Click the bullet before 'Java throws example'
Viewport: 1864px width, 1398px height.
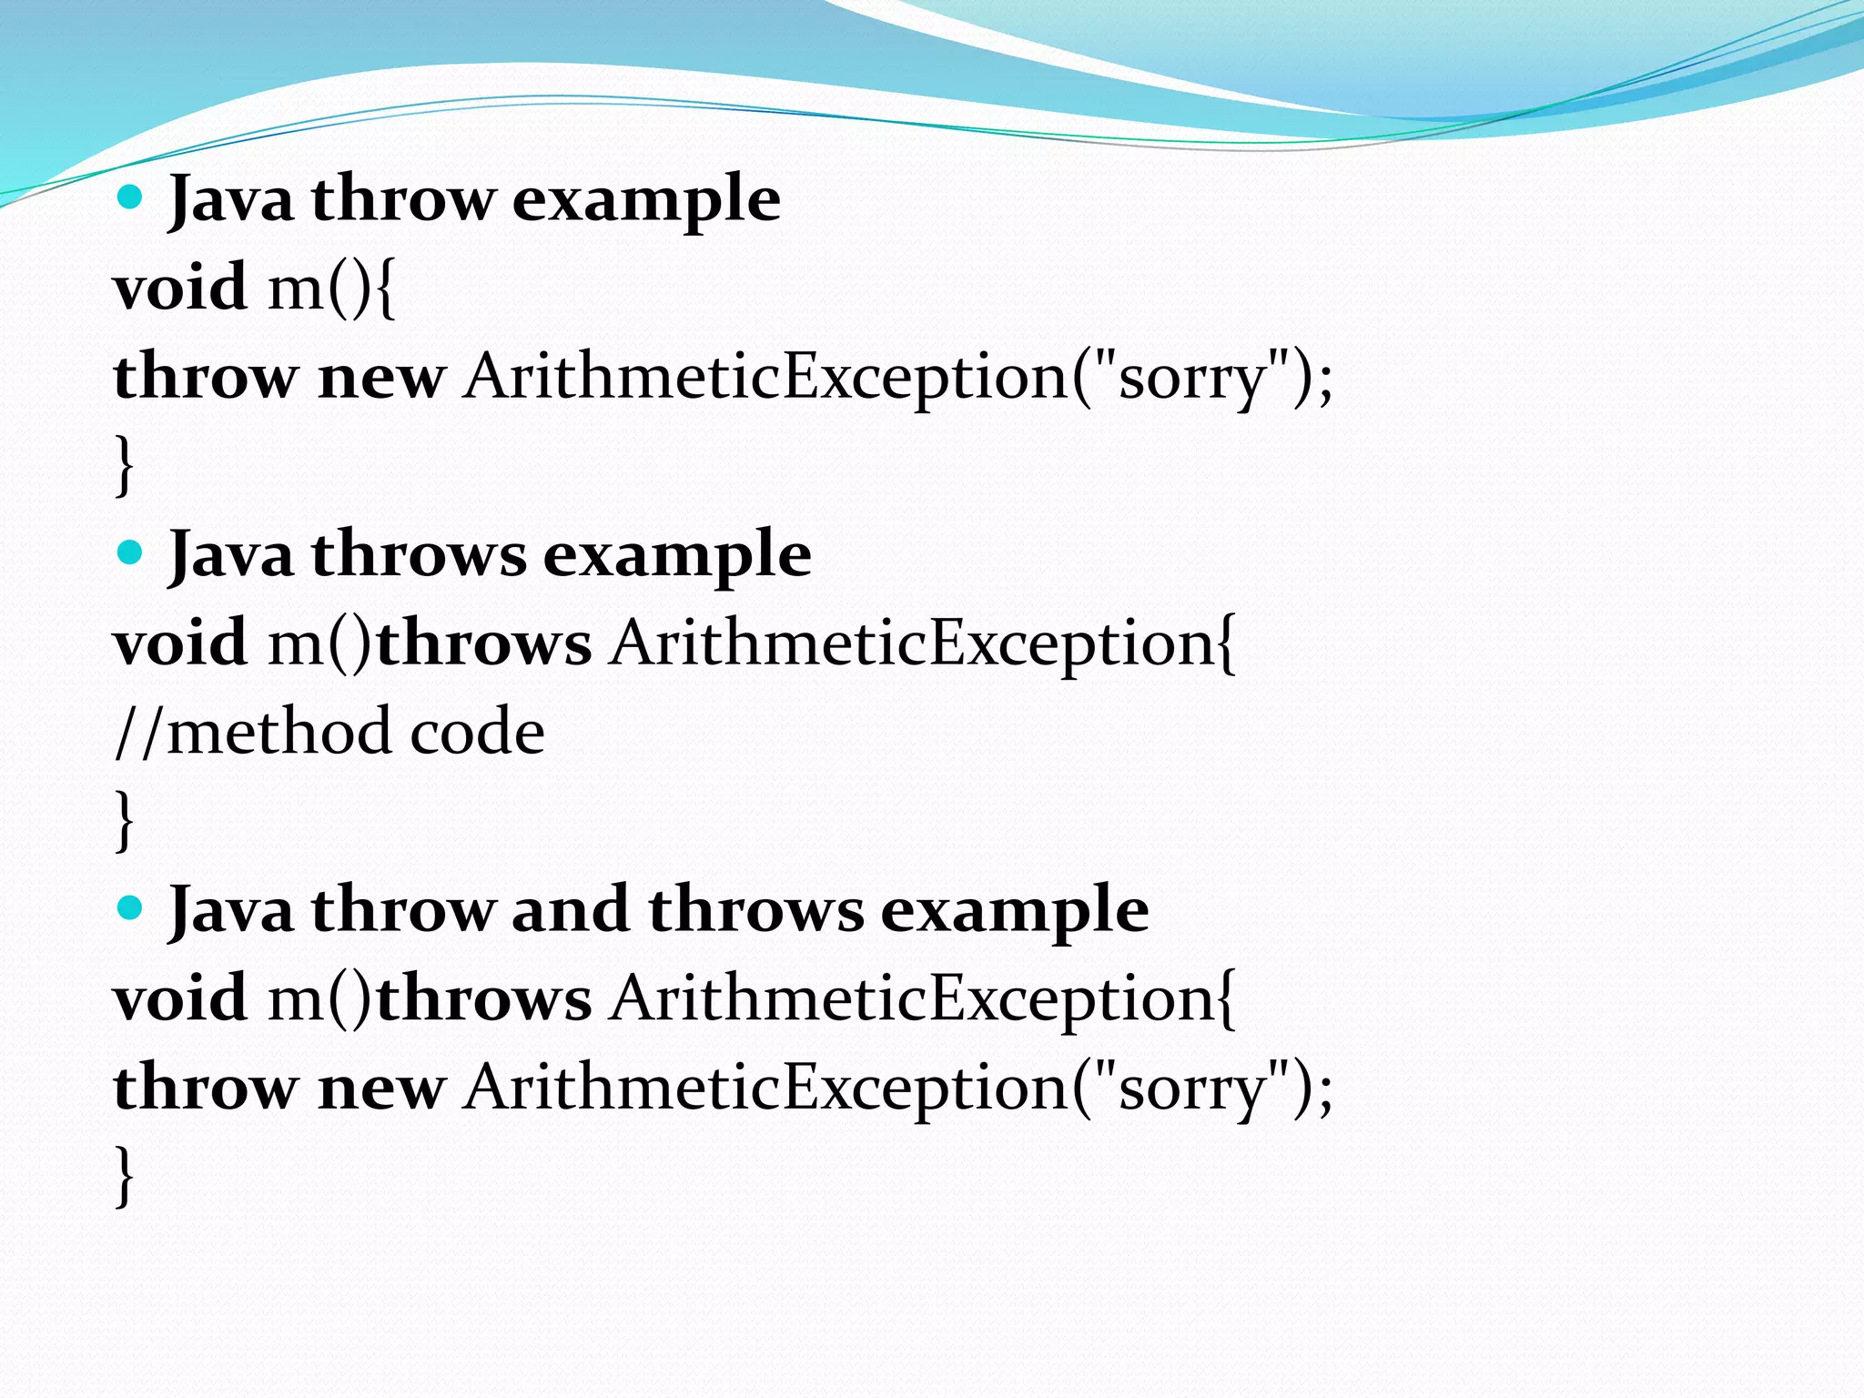coord(131,552)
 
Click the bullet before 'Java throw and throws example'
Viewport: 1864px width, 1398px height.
coord(131,907)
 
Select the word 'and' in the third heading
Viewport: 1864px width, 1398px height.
coord(570,909)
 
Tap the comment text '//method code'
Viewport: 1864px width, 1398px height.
coord(329,732)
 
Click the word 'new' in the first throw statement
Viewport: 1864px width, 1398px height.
coord(381,377)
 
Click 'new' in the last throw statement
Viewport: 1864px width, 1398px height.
coord(381,1088)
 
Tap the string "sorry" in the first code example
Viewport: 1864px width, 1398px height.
coord(1193,377)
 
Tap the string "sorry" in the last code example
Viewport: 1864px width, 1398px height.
coord(1193,1088)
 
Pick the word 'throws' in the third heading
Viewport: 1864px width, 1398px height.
coord(755,909)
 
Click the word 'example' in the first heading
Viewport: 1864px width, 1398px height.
coord(646,199)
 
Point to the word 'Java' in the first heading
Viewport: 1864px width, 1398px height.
coord(231,199)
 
